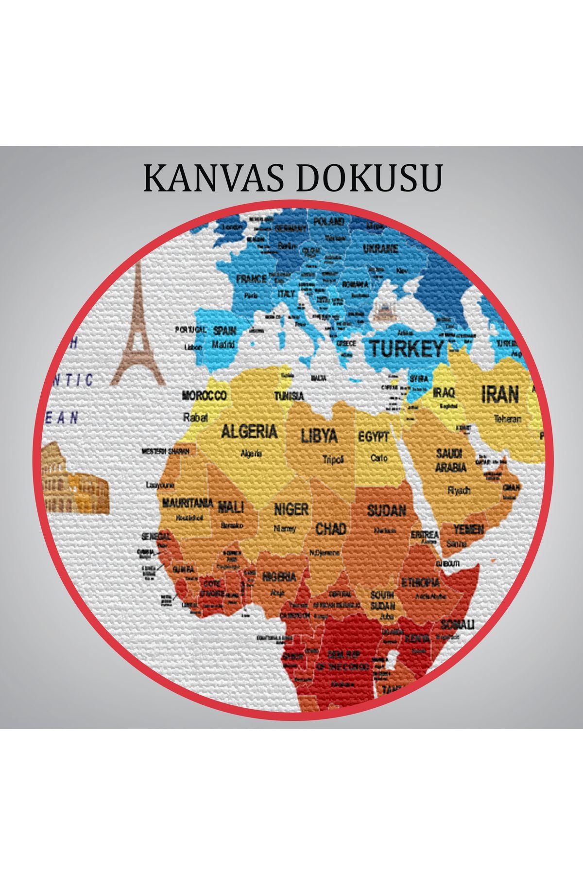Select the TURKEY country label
[407, 349]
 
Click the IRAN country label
[500, 394]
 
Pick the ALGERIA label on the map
[249, 431]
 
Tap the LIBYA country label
[319, 435]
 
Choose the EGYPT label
[374, 437]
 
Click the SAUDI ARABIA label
[450, 460]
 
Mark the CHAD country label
[331, 528]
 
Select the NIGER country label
[291, 509]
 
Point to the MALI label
[231, 507]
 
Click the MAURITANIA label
[188, 503]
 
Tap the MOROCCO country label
[204, 396]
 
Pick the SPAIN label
[224, 331]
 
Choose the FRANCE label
[251, 279]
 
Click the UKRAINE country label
[381, 249]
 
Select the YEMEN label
[468, 529]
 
